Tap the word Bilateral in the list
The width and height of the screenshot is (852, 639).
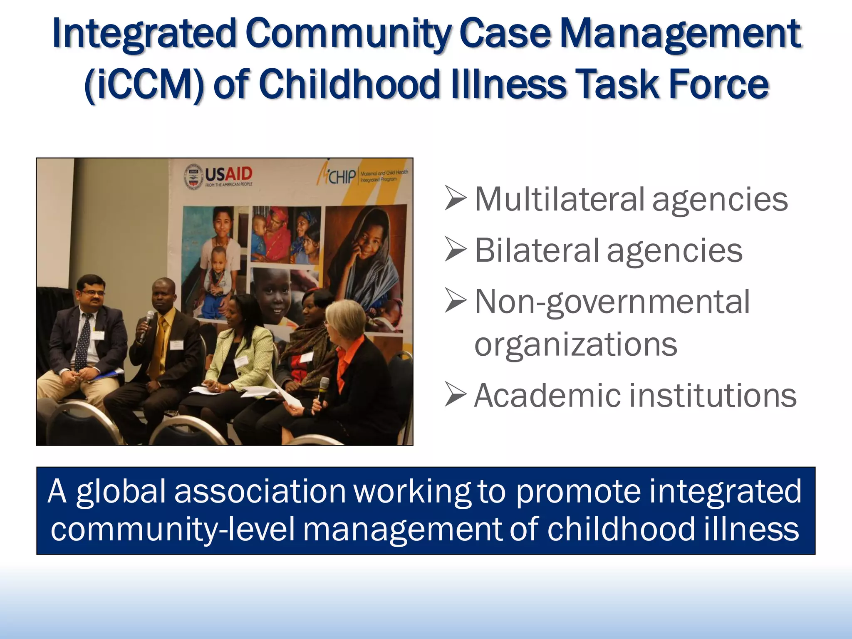[537, 250]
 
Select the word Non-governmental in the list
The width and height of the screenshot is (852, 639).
[612, 302]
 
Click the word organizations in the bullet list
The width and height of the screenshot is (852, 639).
[576, 344]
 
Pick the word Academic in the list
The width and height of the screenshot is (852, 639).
[547, 395]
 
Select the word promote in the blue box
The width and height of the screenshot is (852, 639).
[578, 491]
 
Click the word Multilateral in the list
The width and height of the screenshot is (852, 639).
[560, 199]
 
